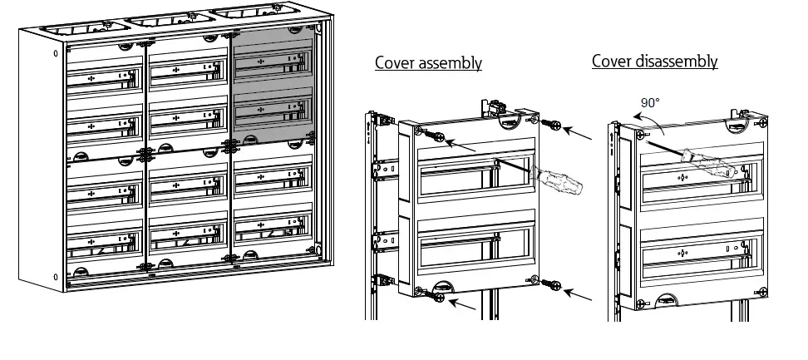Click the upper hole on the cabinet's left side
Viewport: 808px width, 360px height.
pos(56,53)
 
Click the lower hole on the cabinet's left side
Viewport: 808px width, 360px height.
pos(56,277)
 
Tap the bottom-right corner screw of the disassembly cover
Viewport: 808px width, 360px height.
pos(761,291)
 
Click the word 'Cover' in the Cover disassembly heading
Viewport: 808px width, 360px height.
pos(610,62)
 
